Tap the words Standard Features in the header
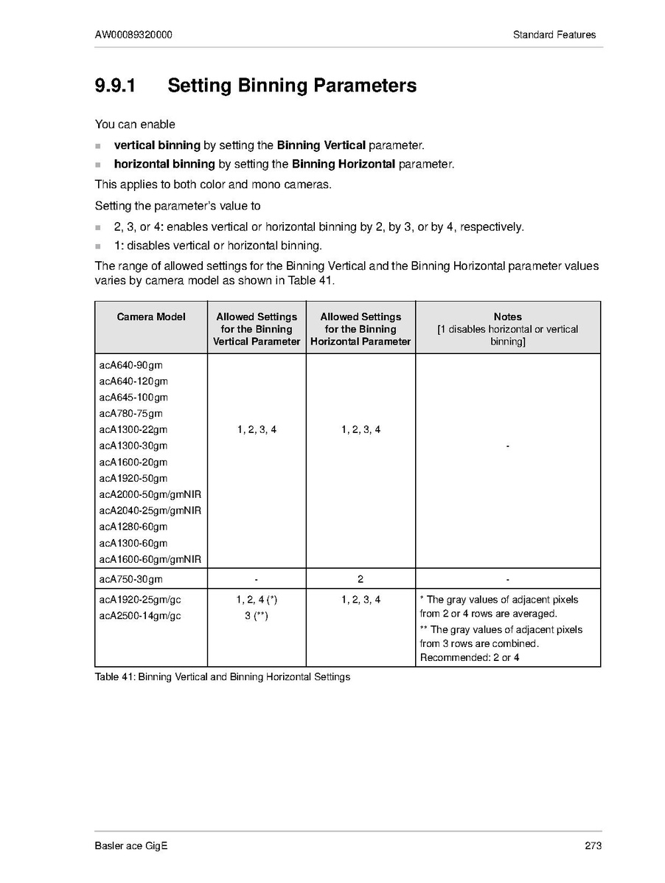pyautogui.click(x=554, y=35)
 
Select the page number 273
pyautogui.click(x=593, y=846)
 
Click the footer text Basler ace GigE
pyautogui.click(x=131, y=846)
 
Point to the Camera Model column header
pyautogui.click(x=151, y=317)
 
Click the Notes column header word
pyautogui.click(x=508, y=317)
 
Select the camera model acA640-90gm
pyautogui.click(x=131, y=365)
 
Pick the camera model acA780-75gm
pyautogui.click(x=131, y=414)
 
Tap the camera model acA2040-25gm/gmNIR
pyautogui.click(x=150, y=510)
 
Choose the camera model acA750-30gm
pyautogui.click(x=131, y=580)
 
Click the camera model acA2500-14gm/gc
pyautogui.click(x=140, y=616)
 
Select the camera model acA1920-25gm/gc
pyautogui.click(x=140, y=600)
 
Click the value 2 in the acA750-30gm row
pyautogui.click(x=361, y=580)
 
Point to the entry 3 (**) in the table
pyautogui.click(x=256, y=616)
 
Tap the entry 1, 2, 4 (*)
pyautogui.click(x=257, y=600)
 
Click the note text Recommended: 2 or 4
pyautogui.click(x=470, y=657)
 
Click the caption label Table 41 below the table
pyautogui.click(x=114, y=677)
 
